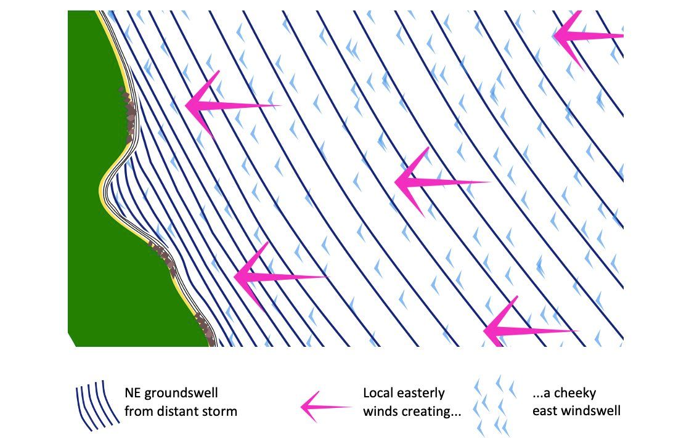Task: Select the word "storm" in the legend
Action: pos(221,411)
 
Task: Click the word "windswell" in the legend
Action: pos(585,411)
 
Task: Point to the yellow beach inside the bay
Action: pos(102,185)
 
